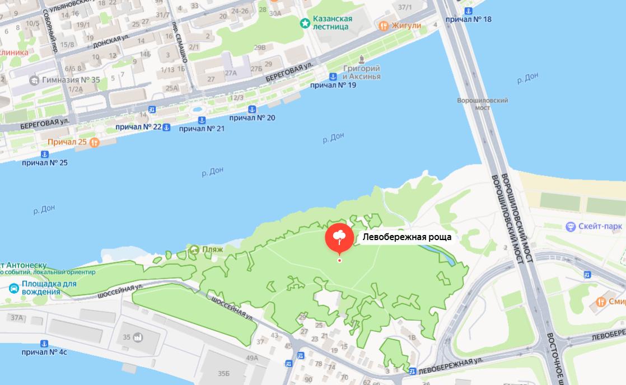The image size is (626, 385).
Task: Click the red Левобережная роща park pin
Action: coord(339,238)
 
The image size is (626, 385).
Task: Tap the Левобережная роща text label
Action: coord(407,237)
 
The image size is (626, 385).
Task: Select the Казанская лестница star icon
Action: coord(305,23)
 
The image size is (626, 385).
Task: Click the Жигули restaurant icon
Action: coord(384,25)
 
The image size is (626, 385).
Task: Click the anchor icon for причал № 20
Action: coord(252,109)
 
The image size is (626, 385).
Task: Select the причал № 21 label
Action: coord(202,129)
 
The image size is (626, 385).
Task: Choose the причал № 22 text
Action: coord(138,127)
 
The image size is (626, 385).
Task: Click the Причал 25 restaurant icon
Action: coord(94,142)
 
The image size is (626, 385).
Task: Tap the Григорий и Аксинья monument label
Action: coord(361,72)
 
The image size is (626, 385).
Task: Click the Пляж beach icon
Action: coord(194,250)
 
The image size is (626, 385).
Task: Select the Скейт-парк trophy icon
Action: coord(571,227)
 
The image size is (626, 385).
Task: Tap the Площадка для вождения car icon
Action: coord(13,288)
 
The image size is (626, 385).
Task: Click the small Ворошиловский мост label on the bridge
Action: coord(483,104)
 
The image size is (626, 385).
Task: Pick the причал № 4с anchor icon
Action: coord(44,343)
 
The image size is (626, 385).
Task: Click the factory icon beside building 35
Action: coord(138,337)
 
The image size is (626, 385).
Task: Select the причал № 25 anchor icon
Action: coord(44,154)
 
